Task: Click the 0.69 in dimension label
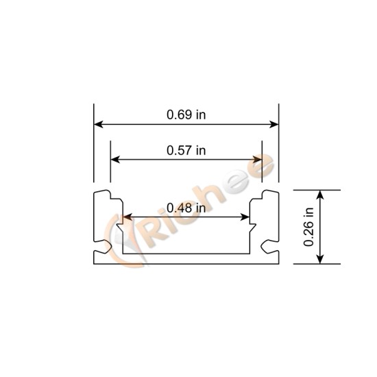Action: click(186, 114)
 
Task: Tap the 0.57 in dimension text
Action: click(186, 149)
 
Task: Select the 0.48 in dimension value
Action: click(186, 208)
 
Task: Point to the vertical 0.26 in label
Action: click(309, 227)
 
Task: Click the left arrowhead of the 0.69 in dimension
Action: click(98, 125)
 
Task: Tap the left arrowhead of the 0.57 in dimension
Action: click(115, 159)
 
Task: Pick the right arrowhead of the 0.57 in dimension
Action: click(258, 159)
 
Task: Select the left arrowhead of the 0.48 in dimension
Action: click(127, 217)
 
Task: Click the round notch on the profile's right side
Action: click(267, 243)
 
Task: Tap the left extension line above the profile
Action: click(94, 144)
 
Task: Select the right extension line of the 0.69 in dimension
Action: click(279, 144)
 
